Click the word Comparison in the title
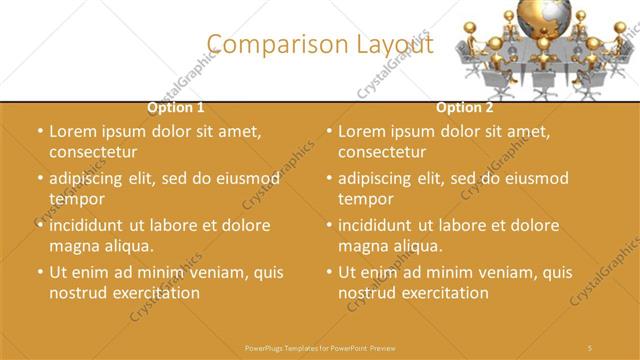(269, 44)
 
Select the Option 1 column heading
(176, 107)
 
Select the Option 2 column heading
(464, 107)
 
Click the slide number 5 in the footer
(590, 346)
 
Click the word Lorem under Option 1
(71, 131)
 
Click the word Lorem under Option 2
(360, 131)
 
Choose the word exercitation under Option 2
(442, 293)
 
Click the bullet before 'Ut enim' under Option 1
(39, 272)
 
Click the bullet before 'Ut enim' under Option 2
(328, 272)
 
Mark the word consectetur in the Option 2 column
(381, 152)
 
